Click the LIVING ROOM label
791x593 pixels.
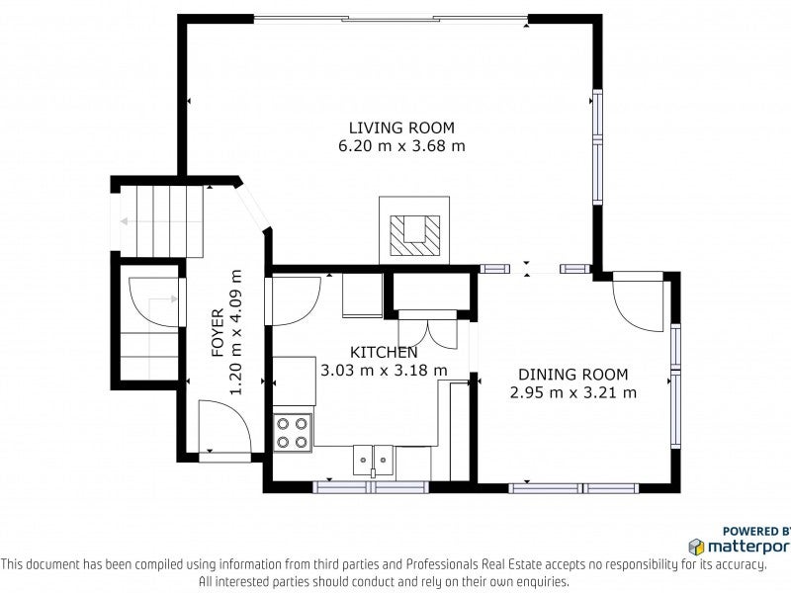pyautogui.click(x=401, y=127)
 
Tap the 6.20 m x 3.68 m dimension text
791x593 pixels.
pyautogui.click(x=401, y=146)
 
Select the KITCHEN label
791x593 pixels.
pyautogui.click(x=384, y=352)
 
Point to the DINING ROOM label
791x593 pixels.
pyautogui.click(x=573, y=375)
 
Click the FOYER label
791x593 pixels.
pyautogui.click(x=218, y=333)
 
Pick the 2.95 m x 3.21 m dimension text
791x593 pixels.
pyautogui.click(x=573, y=392)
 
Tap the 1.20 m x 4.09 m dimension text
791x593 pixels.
pyautogui.click(x=236, y=333)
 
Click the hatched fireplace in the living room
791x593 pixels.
pyautogui.click(x=414, y=235)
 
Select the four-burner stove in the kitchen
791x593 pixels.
pyautogui.click(x=293, y=432)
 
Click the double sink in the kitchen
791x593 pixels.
pyautogui.click(x=374, y=461)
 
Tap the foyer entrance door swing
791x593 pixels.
pyautogui.click(x=225, y=427)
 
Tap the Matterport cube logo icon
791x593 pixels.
pyautogui.click(x=697, y=547)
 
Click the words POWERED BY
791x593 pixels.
pyautogui.click(x=756, y=531)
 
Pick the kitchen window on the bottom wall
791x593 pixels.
pyautogui.click(x=371, y=487)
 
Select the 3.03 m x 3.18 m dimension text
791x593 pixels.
pyautogui.click(x=384, y=370)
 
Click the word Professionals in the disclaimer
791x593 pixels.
pyautogui.click(x=441, y=564)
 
